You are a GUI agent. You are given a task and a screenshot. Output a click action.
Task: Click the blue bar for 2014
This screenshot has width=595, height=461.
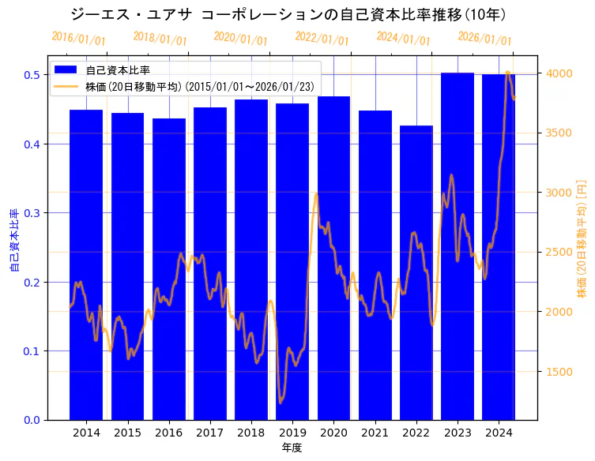click(x=86, y=264)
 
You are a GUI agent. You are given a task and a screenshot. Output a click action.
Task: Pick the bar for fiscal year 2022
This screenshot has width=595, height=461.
click(x=416, y=272)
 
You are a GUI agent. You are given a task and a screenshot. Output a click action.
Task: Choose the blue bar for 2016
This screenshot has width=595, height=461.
click(x=169, y=269)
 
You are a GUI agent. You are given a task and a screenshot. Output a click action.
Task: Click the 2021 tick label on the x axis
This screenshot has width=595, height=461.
click(x=375, y=433)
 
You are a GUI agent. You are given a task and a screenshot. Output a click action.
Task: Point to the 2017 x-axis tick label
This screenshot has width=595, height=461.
click(x=210, y=433)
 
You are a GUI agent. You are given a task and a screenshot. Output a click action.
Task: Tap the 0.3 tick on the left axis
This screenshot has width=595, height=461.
click(x=32, y=213)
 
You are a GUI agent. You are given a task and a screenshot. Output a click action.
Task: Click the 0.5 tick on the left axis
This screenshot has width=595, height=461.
click(x=32, y=75)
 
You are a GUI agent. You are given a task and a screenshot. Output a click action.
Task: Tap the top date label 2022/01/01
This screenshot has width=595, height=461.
click(x=322, y=39)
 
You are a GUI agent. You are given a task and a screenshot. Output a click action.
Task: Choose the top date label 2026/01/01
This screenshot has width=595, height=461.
click(x=484, y=39)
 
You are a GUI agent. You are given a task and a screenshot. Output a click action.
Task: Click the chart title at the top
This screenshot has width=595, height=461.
click(x=288, y=14)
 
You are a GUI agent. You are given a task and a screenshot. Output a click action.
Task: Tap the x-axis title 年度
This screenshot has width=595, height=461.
click(x=292, y=448)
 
